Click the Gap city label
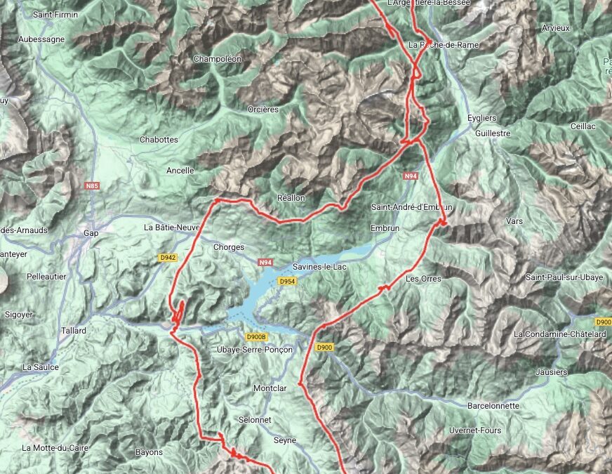pos(91,233)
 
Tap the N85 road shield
pos(91,186)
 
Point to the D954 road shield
pos(286,281)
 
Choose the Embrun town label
pos(384,228)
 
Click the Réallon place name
pos(291,198)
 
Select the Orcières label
pos(263,110)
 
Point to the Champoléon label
pos(217,59)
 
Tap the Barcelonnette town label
pos(493,406)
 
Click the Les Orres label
pos(423,279)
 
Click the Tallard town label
pos(73,331)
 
